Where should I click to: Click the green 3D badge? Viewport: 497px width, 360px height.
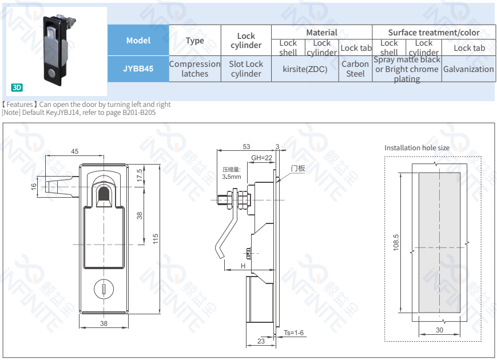pyautogui.click(x=17, y=87)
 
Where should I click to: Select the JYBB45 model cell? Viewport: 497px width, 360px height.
pyautogui.click(x=138, y=69)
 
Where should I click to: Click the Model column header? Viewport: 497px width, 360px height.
pyautogui.click(x=138, y=40)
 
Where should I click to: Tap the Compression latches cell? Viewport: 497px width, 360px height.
pyautogui.click(x=194, y=69)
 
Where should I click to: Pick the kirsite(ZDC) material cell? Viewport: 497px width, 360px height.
pyautogui.click(x=305, y=69)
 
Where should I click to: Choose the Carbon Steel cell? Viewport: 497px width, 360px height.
pyautogui.click(x=355, y=69)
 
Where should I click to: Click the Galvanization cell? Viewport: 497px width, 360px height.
pyautogui.click(x=468, y=69)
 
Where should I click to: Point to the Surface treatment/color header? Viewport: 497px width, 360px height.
pyautogui.click(x=434, y=33)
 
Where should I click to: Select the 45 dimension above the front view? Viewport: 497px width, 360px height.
pyautogui.click(x=75, y=151)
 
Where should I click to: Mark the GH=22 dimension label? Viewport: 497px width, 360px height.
pyautogui.click(x=262, y=158)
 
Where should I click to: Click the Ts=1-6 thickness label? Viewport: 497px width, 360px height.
pyautogui.click(x=293, y=333)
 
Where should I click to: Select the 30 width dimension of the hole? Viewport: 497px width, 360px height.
pyautogui.click(x=439, y=330)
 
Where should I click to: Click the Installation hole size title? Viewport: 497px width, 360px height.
pyautogui.click(x=416, y=147)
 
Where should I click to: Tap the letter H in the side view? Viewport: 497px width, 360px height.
pyautogui.click(x=242, y=266)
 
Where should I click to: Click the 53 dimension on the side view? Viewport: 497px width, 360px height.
pyautogui.click(x=246, y=147)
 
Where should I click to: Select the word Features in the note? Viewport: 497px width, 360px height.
pyautogui.click(x=19, y=105)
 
